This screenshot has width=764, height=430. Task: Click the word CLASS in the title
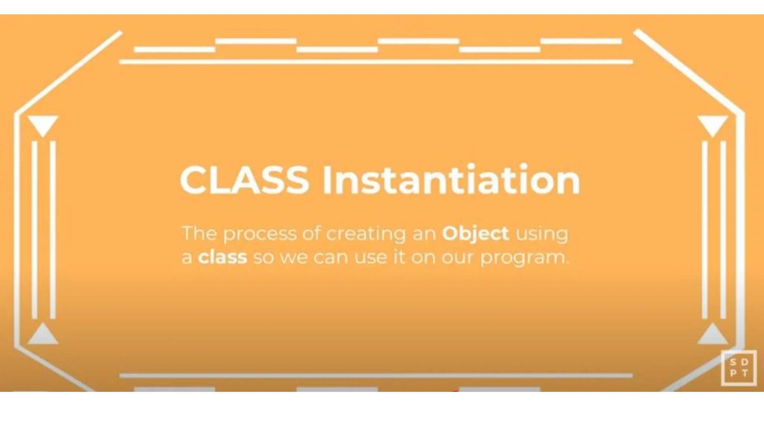pyautogui.click(x=244, y=180)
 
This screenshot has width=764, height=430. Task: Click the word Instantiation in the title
pyautogui.click(x=451, y=180)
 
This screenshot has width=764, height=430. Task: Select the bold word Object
pyautogui.click(x=475, y=234)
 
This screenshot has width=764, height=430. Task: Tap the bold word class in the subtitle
pyautogui.click(x=222, y=257)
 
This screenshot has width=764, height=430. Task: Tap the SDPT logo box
pyautogui.click(x=739, y=368)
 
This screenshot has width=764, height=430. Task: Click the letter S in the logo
pyautogui.click(x=733, y=362)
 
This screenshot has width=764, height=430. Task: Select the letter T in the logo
pyautogui.click(x=745, y=373)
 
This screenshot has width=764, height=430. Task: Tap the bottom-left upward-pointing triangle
pyautogui.click(x=43, y=335)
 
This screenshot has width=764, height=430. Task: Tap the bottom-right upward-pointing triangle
pyautogui.click(x=713, y=335)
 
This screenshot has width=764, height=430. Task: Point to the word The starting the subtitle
pyautogui.click(x=199, y=234)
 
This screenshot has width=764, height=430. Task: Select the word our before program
pyautogui.click(x=458, y=258)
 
